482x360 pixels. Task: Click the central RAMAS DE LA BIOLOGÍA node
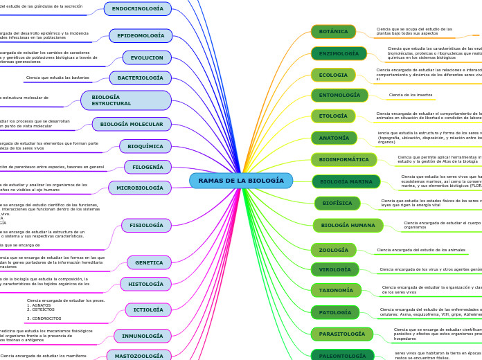(x=241, y=181)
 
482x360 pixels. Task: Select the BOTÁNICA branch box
(x=333, y=32)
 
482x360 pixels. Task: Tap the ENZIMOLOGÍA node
(x=339, y=53)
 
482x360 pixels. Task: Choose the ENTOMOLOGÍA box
(x=339, y=95)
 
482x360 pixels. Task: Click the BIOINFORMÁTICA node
(x=343, y=159)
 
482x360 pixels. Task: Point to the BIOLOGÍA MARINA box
(x=346, y=181)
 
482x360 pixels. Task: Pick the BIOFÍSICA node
(x=337, y=204)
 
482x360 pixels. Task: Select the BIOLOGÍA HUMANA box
(x=348, y=225)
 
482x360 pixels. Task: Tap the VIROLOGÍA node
(x=334, y=269)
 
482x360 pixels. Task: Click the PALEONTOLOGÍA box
(x=342, y=356)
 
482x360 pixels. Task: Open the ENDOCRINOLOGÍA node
(x=137, y=8)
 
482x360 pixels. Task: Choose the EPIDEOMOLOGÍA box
(x=141, y=35)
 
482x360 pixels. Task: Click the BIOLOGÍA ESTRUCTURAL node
(x=126, y=100)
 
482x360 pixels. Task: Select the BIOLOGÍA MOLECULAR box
(x=132, y=124)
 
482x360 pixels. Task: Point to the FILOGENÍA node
(x=148, y=167)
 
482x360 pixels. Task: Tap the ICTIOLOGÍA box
(x=148, y=309)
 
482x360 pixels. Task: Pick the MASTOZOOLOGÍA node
(x=139, y=356)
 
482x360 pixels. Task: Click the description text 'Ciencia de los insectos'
(x=411, y=95)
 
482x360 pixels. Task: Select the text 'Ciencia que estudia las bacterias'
(x=57, y=78)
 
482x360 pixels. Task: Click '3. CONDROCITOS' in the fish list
(x=44, y=318)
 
